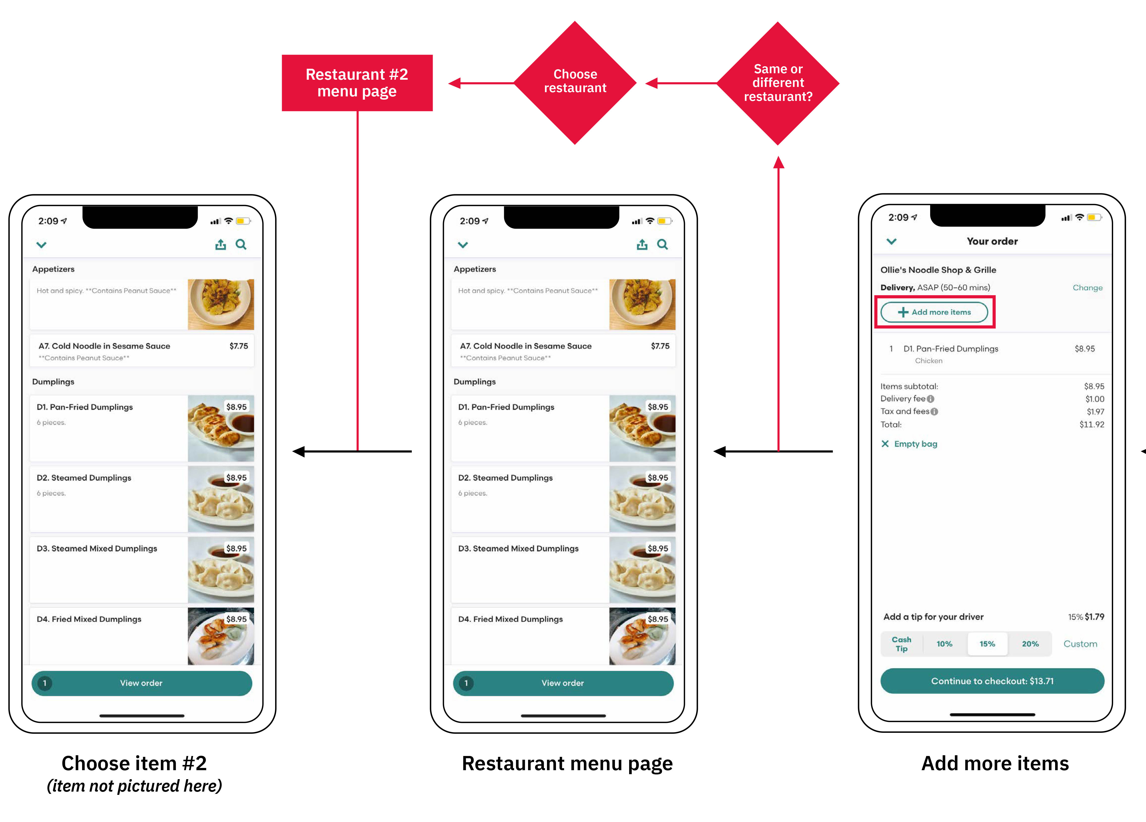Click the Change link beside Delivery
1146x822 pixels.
pos(1087,288)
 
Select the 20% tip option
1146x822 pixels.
pos(1030,644)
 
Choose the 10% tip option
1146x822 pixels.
pos(944,644)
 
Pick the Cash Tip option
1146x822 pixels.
pos(902,644)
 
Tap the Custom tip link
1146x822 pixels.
pos(1080,644)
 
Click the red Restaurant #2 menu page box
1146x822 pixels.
pos(357,83)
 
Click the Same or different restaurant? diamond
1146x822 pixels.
pos(778,83)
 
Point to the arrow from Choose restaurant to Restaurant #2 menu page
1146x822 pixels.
pos(481,83)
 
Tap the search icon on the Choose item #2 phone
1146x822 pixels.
pos(241,245)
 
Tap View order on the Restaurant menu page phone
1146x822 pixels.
pos(563,683)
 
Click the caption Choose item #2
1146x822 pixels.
pos(134,763)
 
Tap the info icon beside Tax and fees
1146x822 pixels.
pos(934,411)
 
